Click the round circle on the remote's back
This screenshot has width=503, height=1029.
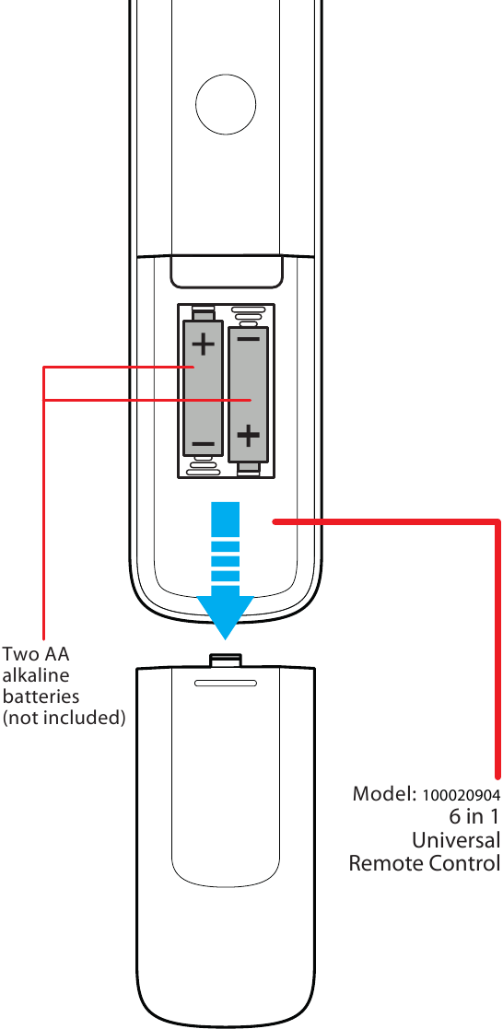(x=226, y=103)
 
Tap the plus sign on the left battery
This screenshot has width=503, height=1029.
(x=203, y=346)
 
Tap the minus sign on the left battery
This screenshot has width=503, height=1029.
(x=203, y=445)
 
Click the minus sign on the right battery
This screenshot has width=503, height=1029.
(x=249, y=338)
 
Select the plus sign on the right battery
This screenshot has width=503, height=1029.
(x=249, y=435)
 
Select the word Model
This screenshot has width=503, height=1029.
(x=384, y=794)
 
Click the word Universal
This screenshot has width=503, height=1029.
(x=455, y=840)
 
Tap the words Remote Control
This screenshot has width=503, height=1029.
(x=424, y=864)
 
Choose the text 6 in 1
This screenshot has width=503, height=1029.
(x=474, y=817)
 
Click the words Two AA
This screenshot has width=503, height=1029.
(x=36, y=655)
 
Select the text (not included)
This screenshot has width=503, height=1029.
(x=64, y=717)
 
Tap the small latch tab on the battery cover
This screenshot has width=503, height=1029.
(x=226, y=660)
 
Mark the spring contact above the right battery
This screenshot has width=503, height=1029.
(x=247, y=314)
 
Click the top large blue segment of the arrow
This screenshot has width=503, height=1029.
(x=226, y=519)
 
